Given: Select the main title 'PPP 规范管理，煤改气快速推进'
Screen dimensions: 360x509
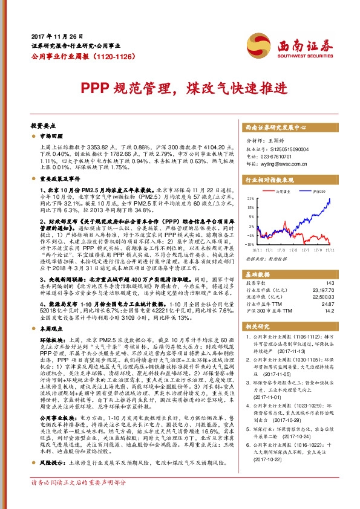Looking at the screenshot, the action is coord(179,86).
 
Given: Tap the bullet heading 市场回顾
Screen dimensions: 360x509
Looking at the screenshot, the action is coord(50,137).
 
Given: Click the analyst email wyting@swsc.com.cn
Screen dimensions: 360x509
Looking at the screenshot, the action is coord(285,163).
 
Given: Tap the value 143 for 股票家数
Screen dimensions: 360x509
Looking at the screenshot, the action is coord(329,283).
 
